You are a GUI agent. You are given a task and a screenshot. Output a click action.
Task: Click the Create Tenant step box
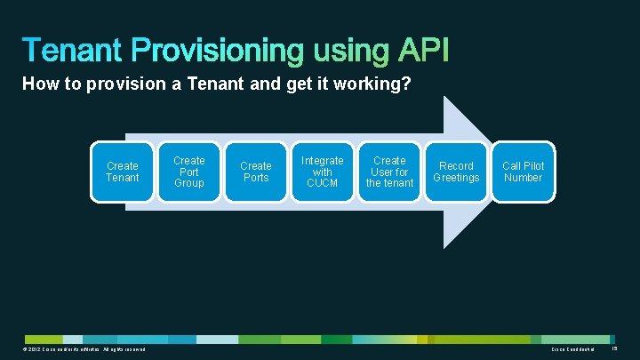pyautogui.click(x=123, y=172)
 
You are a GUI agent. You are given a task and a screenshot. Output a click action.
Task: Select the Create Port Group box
pyautogui.click(x=188, y=172)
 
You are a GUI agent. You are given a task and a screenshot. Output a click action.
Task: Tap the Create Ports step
pyautogui.click(x=256, y=172)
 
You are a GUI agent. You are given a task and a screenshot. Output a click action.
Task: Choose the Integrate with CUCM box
pyautogui.click(x=323, y=172)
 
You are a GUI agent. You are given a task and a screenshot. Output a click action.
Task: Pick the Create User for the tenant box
pyautogui.click(x=389, y=172)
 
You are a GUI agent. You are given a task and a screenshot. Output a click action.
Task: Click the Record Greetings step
pyautogui.click(x=456, y=172)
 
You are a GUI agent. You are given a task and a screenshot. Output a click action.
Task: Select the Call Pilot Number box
pyautogui.click(x=523, y=172)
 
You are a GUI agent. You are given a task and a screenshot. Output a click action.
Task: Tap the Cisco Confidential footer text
pyautogui.click(x=577, y=349)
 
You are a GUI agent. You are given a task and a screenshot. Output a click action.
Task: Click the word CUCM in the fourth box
pyautogui.click(x=323, y=183)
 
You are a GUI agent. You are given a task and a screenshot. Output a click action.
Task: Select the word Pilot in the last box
pyautogui.click(x=534, y=166)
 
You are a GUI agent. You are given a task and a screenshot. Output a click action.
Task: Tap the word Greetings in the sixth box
pyautogui.click(x=456, y=178)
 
